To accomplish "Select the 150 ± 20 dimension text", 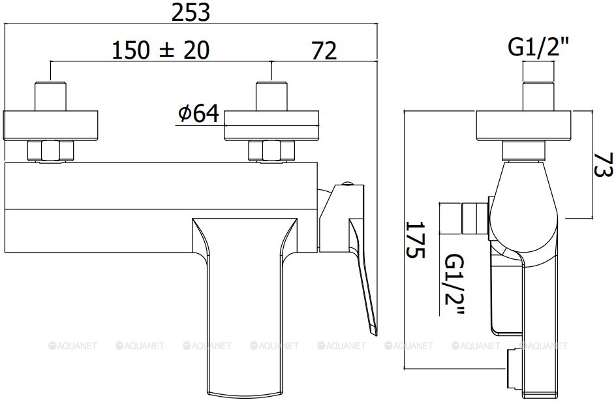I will click(161, 50).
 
